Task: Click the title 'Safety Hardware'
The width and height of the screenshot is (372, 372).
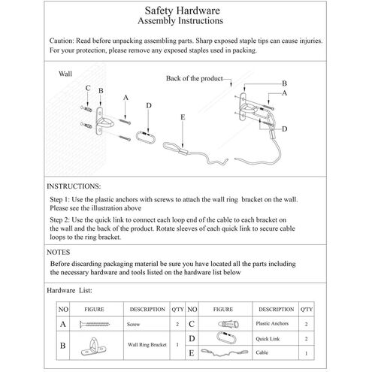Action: pos(182,11)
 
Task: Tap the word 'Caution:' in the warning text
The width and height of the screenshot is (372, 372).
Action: pos(62,41)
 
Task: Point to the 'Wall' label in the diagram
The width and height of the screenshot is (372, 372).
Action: pos(65,74)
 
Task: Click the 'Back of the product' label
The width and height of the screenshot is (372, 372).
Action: pos(194,78)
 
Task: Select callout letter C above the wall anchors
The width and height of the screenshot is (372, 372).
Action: pos(88,88)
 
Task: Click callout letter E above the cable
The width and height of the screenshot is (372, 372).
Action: pos(183,117)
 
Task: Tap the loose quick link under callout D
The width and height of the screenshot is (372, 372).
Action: pos(146,138)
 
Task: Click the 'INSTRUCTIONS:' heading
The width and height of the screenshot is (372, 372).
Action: pos(74,186)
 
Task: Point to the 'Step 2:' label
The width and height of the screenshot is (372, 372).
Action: pos(59,220)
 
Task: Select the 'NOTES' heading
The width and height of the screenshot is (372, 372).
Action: pos(59,253)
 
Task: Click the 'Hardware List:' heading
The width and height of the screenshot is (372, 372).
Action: pos(69,290)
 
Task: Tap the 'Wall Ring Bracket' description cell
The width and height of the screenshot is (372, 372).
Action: pos(147,345)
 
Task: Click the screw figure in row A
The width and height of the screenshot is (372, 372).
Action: pos(95,324)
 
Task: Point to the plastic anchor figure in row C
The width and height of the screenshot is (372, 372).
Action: pos(228,324)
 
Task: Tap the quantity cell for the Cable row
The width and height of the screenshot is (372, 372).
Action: pos(306,353)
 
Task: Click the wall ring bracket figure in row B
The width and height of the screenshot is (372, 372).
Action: pos(93,346)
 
